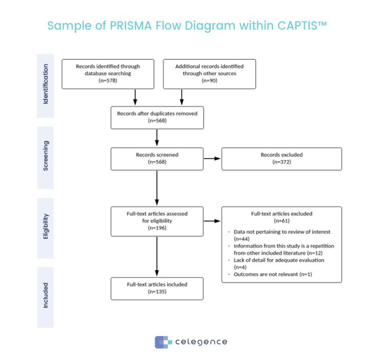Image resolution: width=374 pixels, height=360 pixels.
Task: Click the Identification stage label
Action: (45, 86)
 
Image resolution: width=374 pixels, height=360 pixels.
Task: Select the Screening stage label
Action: (45, 158)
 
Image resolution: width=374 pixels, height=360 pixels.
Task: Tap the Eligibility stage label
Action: (45, 227)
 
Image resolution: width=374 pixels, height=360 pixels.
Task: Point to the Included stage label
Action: (45, 297)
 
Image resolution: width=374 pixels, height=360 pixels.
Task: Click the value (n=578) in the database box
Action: (108, 80)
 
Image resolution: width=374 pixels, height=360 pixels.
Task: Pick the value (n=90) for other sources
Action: (209, 80)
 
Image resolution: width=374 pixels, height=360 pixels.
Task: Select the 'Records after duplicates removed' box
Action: (157, 117)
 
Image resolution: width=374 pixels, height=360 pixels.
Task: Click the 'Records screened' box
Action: (157, 159)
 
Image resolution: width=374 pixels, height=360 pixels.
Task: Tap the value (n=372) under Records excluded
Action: (281, 163)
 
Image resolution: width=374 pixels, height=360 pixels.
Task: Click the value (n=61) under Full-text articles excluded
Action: (281, 221)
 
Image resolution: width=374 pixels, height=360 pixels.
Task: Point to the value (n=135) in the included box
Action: (157, 291)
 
